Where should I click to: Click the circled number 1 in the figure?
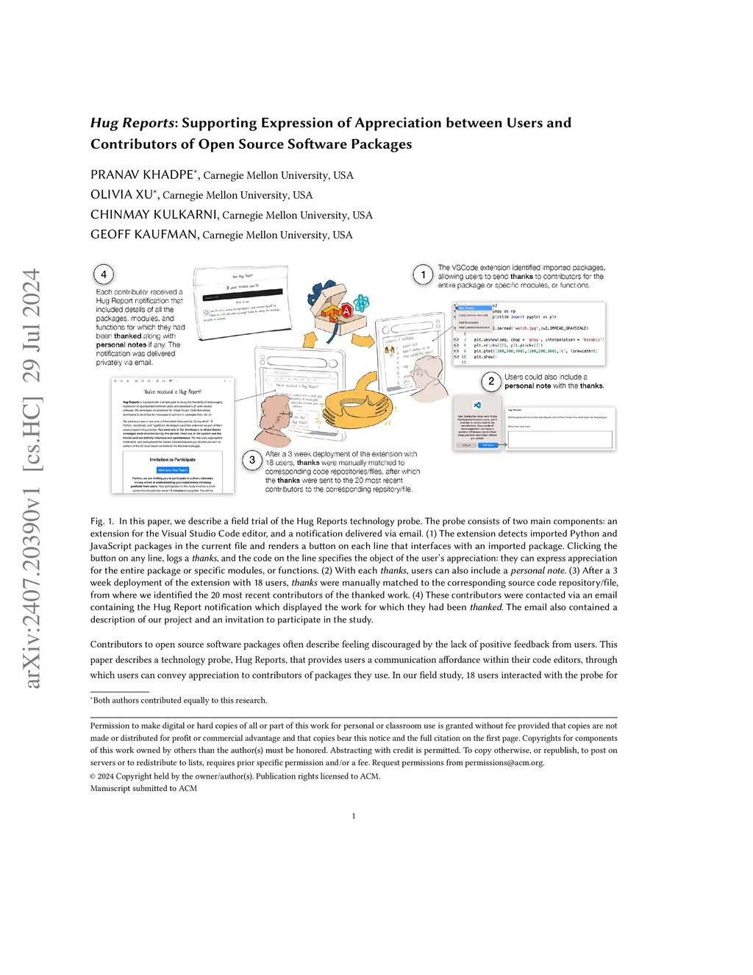coord(423,274)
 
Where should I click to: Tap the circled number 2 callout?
coord(491,381)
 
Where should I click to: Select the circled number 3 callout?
coord(252,460)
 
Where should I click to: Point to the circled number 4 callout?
coord(104,274)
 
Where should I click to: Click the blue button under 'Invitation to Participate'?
coord(173,469)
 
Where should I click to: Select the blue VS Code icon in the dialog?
coord(477,405)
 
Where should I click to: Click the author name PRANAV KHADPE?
coord(142,175)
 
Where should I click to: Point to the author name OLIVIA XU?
coord(121,195)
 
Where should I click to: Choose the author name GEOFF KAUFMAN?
coord(144,235)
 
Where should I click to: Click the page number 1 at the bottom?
coord(354,815)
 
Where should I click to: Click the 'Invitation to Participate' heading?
coord(173,459)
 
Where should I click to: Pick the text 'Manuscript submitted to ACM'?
coord(143,788)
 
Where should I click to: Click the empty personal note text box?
coord(560,439)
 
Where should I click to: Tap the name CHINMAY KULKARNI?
coord(154,215)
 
